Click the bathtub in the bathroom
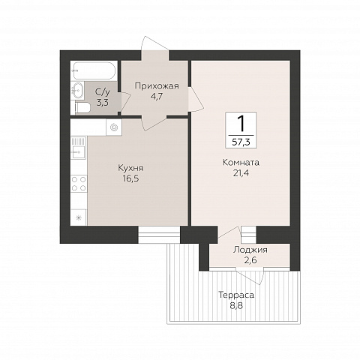click(x=94, y=70)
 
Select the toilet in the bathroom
click(x=82, y=108)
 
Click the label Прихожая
click(x=157, y=86)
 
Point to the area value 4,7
click(x=157, y=97)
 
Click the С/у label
click(x=103, y=92)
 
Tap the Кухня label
click(x=130, y=168)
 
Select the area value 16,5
click(x=130, y=178)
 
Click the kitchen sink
click(x=79, y=148)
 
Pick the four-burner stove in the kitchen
click(x=79, y=184)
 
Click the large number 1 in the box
click(x=241, y=124)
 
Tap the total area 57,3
click(x=241, y=142)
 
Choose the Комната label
click(x=241, y=163)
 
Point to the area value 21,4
click(x=241, y=173)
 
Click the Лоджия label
click(x=250, y=250)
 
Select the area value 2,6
click(x=250, y=260)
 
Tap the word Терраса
click(x=236, y=295)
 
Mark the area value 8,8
click(x=236, y=305)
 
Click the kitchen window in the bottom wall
click(x=159, y=235)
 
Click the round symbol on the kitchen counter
click(x=114, y=127)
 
